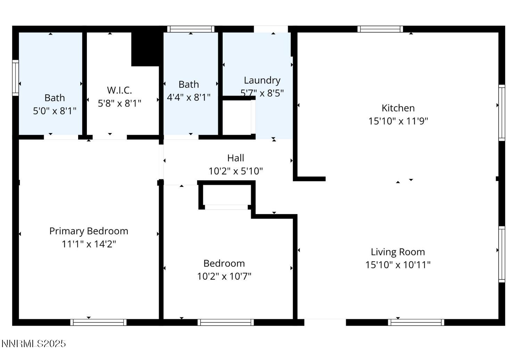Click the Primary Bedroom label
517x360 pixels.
point(89,231)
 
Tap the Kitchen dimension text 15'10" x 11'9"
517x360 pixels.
point(398,121)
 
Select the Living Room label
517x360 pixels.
point(397,252)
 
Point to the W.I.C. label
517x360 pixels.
point(120,90)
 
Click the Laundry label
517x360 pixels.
point(262,80)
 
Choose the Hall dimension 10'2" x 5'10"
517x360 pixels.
point(236,171)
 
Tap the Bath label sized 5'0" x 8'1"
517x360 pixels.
point(55,98)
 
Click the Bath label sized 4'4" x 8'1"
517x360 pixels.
point(189,84)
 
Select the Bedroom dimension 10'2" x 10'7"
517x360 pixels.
point(224,277)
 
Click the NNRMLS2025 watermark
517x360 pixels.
point(33,344)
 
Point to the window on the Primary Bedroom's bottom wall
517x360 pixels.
point(98,322)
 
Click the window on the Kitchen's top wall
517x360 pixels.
point(380,29)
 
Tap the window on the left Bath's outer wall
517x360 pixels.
point(15,77)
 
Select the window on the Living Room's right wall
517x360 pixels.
point(502,254)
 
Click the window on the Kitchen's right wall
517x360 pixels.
point(502,113)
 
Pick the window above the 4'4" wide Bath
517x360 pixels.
point(190,29)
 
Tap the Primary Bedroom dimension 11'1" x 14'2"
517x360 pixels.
point(89,244)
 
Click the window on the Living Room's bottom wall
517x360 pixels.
point(416,322)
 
